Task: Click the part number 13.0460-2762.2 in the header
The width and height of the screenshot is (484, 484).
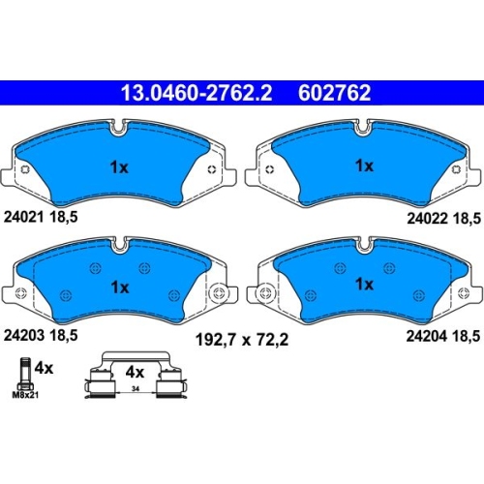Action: pos(197,93)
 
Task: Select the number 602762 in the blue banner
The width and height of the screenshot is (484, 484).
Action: pos(334,93)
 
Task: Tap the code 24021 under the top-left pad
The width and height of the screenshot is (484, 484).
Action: pos(23,217)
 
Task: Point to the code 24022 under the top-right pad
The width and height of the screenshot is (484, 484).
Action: pos(427,219)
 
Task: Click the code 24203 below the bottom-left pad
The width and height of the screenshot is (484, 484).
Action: pos(24,335)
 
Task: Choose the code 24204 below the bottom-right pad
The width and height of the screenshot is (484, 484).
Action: pos(427,336)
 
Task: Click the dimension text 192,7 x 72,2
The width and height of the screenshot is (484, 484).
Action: pos(242,340)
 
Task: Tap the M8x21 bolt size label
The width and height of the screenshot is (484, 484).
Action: pos(25,395)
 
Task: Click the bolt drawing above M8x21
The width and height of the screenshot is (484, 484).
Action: pos(25,374)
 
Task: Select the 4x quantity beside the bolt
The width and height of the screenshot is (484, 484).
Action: pos(44,368)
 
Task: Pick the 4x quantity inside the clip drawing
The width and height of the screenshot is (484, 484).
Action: pos(135,373)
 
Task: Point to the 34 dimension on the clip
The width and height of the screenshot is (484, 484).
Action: pos(136,389)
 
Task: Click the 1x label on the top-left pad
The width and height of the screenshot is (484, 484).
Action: pos(119,167)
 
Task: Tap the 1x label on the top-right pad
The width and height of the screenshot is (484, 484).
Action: pos(364,166)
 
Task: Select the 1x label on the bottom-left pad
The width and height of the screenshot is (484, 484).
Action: pos(120,287)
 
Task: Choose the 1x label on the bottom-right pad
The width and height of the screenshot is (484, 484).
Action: pos(364,285)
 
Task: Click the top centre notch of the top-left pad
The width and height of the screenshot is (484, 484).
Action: pos(119,128)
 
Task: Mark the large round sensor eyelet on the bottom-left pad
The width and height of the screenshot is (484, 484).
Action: pos(219,293)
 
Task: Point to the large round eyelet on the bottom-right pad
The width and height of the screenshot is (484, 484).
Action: pos(265,293)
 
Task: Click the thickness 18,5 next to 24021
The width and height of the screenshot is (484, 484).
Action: pos(64,218)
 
